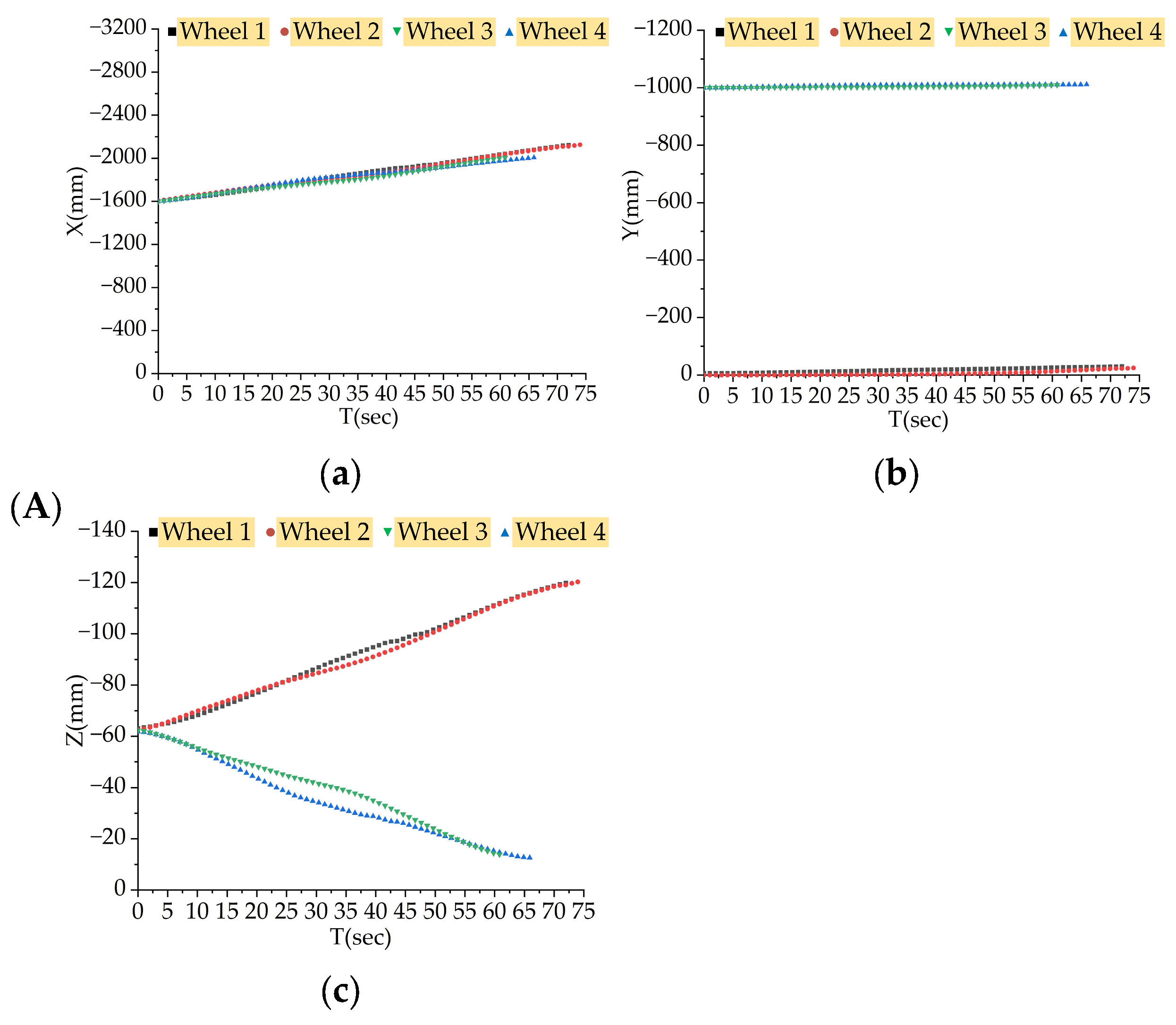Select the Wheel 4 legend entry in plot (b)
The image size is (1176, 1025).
pyautogui.click(x=1117, y=32)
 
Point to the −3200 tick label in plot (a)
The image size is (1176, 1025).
pyautogui.click(x=118, y=27)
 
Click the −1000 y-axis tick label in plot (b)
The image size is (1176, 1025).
pyautogui.click(x=663, y=87)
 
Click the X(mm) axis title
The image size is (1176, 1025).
pyautogui.click(x=76, y=201)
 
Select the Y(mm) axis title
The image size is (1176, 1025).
pyautogui.click(x=631, y=204)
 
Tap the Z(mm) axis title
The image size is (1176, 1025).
pyautogui.click(x=75, y=711)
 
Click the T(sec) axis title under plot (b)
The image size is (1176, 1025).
pyautogui.click(x=918, y=420)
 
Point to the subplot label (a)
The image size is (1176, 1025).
pyautogui.click(x=340, y=474)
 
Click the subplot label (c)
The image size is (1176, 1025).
pyautogui.click(x=340, y=992)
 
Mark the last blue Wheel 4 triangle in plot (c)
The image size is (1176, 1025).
pyautogui.click(x=530, y=857)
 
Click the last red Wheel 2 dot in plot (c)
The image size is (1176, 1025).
pyautogui.click(x=578, y=582)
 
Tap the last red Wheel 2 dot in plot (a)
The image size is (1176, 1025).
pyautogui.click(x=580, y=145)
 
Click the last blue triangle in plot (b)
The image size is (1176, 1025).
pyautogui.click(x=1086, y=84)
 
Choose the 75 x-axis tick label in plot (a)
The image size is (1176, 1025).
pyautogui.click(x=584, y=394)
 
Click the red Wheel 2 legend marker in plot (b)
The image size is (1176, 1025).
pyautogui.click(x=833, y=32)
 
